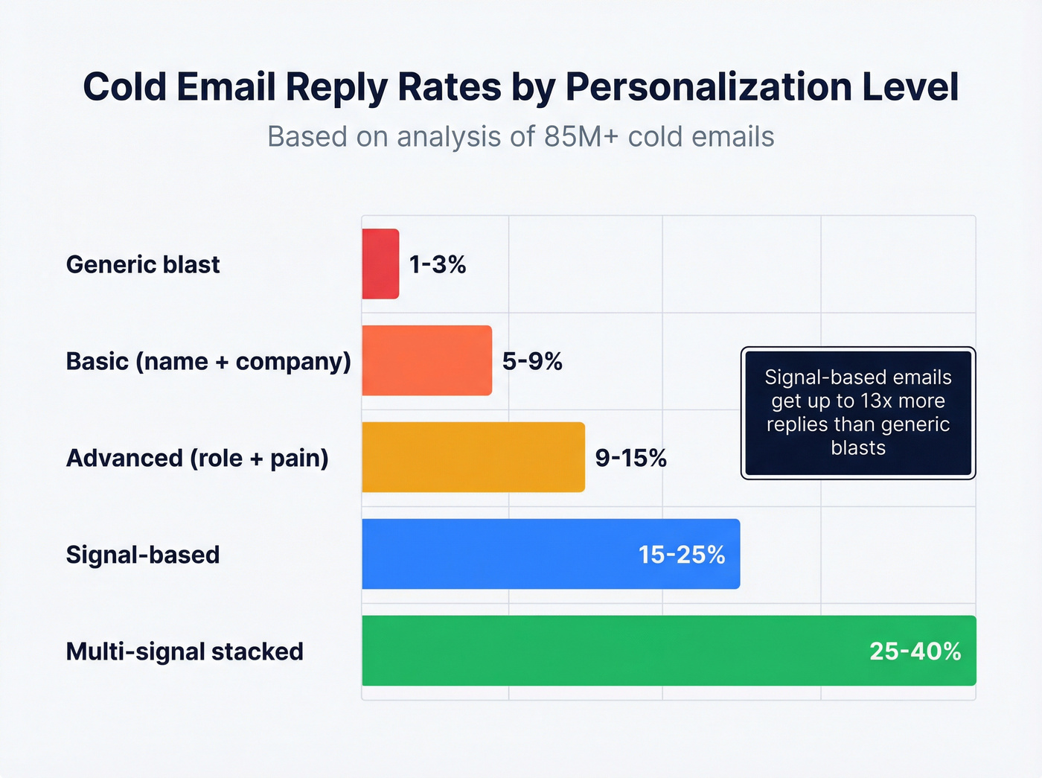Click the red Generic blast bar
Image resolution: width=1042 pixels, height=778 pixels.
[380, 264]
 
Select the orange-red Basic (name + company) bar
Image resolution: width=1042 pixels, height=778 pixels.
[426, 360]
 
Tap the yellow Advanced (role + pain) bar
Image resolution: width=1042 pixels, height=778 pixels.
[473, 457]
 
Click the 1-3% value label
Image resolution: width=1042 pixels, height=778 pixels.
[438, 264]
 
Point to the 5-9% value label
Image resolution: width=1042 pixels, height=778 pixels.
[532, 361]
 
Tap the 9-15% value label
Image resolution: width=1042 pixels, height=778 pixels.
[630, 458]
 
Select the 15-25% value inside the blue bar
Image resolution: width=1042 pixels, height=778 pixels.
[682, 555]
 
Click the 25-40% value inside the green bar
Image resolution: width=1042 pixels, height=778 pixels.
[915, 651]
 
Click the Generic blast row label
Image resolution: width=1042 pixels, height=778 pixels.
[143, 264]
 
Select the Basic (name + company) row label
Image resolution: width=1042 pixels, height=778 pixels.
[208, 361]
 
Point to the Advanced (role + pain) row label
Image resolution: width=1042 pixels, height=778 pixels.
[197, 458]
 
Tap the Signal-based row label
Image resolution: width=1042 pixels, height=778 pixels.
[143, 555]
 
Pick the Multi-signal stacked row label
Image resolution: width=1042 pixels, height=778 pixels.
[185, 651]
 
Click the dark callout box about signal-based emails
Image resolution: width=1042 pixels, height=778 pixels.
[858, 412]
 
